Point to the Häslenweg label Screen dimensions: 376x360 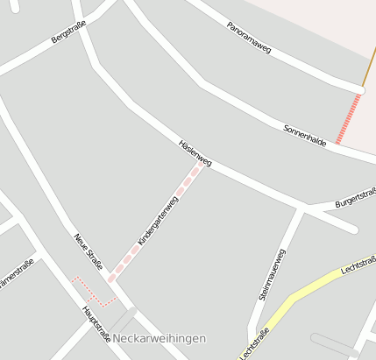pyautogui.click(x=195, y=152)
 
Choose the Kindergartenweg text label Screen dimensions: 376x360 pyautogui.click(x=158, y=221)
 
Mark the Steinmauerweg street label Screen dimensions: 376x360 pyautogui.click(x=273, y=274)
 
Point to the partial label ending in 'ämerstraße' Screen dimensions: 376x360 pyautogui.click(x=16, y=272)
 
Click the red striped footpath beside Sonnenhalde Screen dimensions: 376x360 pyautogui.click(x=348, y=119)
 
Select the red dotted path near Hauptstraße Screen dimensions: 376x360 pyautogui.click(x=91, y=293)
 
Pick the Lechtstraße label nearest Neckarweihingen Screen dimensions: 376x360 pyautogui.click(x=254, y=343)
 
